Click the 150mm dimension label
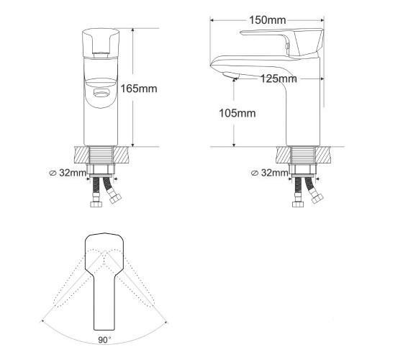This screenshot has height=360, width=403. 268,20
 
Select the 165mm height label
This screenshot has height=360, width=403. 139,89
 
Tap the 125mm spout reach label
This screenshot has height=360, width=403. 279,78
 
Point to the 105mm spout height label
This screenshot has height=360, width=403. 237,113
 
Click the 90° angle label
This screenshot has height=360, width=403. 104,340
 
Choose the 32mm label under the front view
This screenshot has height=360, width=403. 68,173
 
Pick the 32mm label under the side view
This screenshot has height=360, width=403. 270,173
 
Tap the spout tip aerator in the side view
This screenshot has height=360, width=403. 231,76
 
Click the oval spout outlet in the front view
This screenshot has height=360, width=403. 101,94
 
